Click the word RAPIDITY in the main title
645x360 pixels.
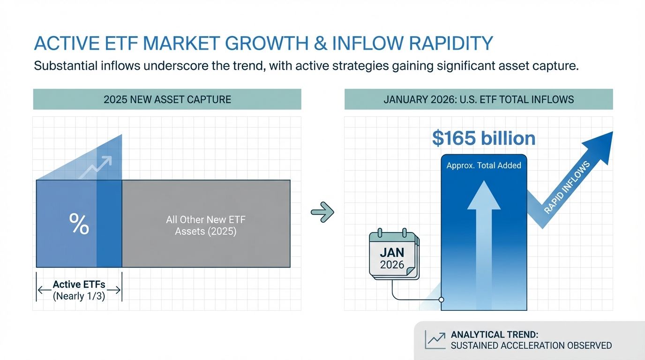pyautogui.click(x=451, y=44)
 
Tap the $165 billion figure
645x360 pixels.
pyautogui.click(x=484, y=139)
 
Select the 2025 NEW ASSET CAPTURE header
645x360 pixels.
pyautogui.click(x=167, y=99)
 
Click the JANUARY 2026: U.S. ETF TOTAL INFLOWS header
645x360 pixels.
pyautogui.click(x=479, y=99)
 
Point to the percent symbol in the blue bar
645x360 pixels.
pyautogui.click(x=79, y=224)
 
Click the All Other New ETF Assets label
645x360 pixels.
pyautogui.click(x=206, y=225)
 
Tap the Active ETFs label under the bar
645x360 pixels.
pyautogui.click(x=79, y=285)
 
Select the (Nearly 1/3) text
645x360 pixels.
pyautogui.click(x=79, y=296)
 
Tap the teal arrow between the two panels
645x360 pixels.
pyautogui.click(x=322, y=212)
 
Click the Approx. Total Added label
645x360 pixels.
pyautogui.click(x=484, y=165)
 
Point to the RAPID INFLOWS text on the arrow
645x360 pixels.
pyautogui.click(x=567, y=188)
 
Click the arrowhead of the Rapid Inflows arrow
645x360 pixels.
pyautogui.click(x=600, y=145)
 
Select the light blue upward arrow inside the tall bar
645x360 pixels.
pyautogui.click(x=484, y=245)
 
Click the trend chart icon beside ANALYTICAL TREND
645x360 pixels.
pyautogui.click(x=435, y=339)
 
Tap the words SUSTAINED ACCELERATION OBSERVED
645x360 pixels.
pyautogui.click(x=531, y=345)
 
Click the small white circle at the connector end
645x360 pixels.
pyautogui.click(x=441, y=300)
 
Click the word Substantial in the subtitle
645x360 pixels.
pyautogui.click(x=66, y=66)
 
